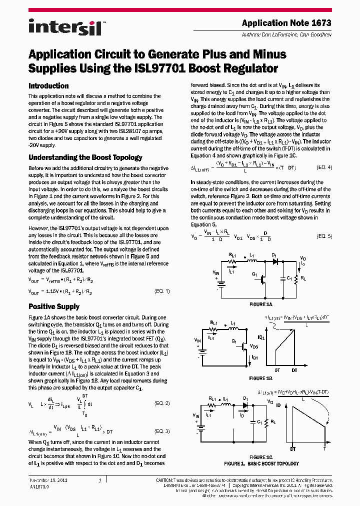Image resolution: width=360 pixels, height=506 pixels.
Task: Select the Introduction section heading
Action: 48,85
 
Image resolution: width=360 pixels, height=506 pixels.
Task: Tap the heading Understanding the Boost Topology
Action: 85,157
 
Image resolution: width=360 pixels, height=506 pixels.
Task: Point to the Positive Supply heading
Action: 54,306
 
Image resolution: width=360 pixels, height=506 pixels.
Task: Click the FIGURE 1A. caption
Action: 261,304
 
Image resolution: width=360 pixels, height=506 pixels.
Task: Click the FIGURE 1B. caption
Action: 261,378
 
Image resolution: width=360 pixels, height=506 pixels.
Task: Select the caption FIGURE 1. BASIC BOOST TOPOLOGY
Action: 261,463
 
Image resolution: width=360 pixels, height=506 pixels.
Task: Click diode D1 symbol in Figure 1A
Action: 274,260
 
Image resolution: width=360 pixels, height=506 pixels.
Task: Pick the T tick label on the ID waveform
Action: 324,448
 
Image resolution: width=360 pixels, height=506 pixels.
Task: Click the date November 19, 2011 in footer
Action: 48,480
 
